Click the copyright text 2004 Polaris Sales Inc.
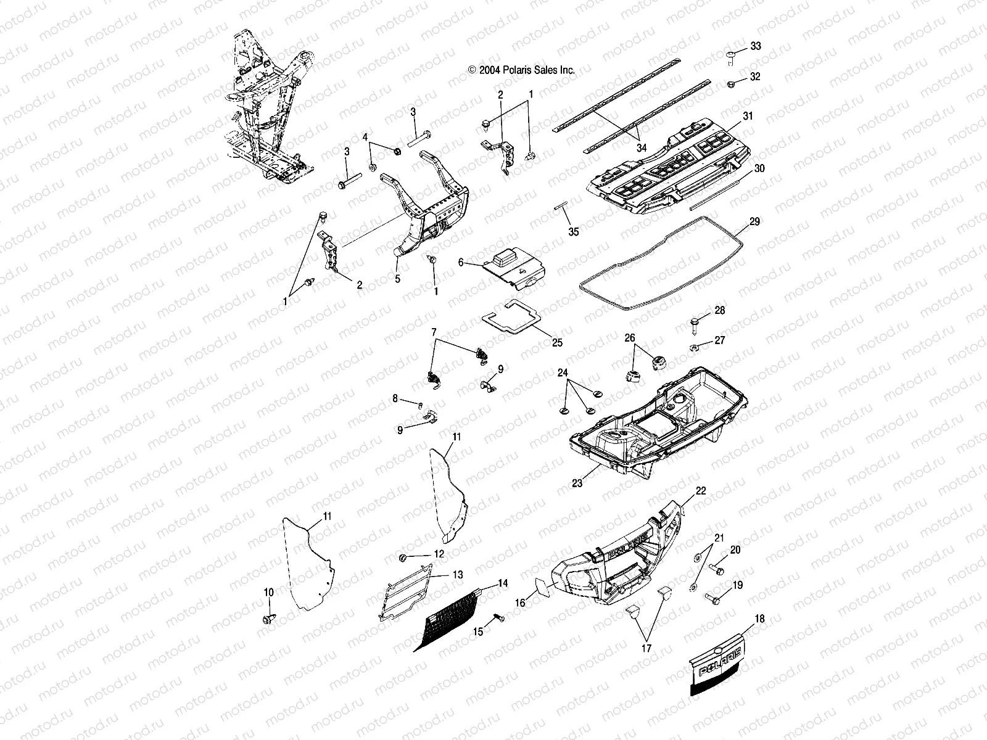coord(521,70)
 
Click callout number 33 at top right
coord(756,47)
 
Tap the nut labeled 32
coord(730,84)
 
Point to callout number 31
coord(748,116)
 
